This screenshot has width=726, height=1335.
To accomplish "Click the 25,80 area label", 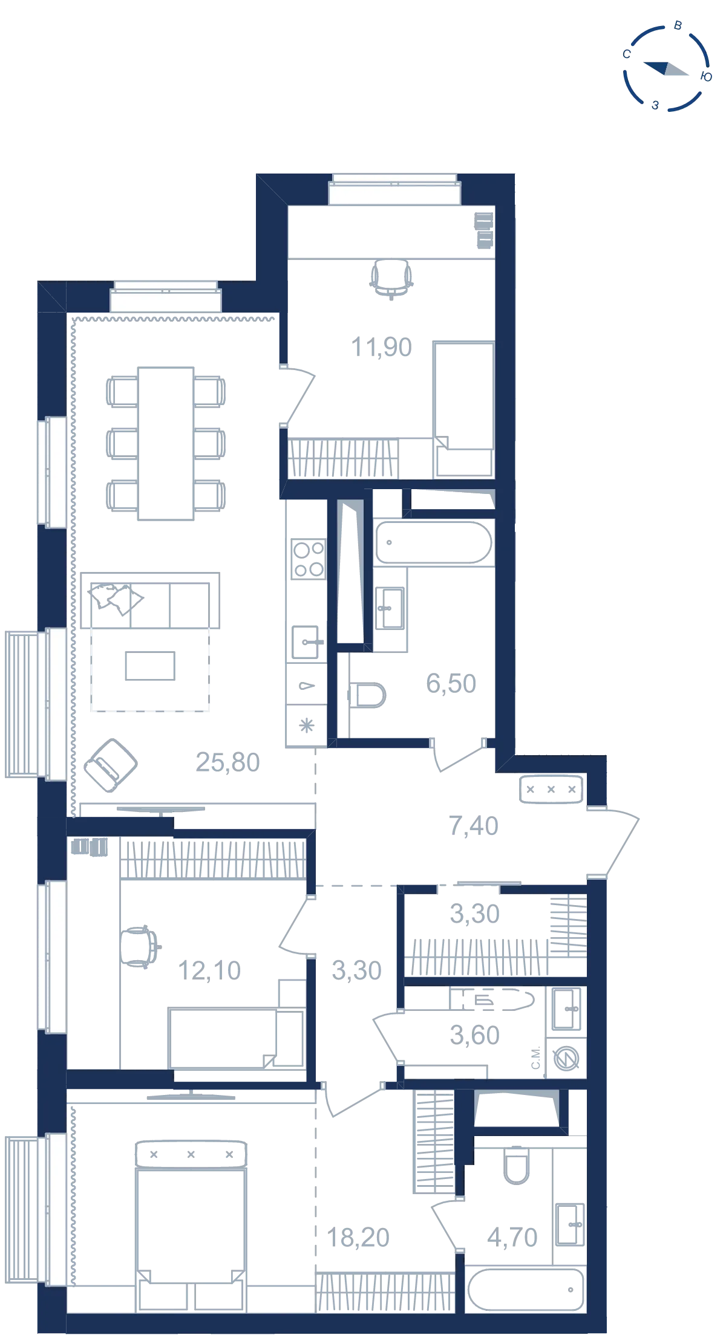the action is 227,762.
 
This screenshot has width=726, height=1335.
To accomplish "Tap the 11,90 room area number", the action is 381,347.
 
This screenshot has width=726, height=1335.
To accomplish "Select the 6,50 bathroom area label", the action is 451,684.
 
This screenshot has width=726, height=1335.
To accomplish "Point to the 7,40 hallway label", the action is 473,826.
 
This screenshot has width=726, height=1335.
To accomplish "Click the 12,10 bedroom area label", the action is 209,970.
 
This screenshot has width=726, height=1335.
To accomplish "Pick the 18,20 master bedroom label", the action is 358,1238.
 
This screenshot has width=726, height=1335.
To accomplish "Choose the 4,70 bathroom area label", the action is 512,1238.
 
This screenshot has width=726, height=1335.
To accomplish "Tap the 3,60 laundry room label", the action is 474,1035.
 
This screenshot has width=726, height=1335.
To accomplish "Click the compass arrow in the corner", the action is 665,68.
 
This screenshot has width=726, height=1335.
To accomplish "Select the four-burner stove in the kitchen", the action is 309,559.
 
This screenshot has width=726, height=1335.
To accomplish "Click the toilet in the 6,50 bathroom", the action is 367,695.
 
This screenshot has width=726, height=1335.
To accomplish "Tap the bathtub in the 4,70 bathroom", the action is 526,1290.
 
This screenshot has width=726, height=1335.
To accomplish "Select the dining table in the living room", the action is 166,444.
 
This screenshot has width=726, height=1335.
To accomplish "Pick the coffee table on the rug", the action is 150,666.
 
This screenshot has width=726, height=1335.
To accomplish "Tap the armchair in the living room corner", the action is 111,765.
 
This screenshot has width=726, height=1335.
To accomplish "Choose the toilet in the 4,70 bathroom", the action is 517,1165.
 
